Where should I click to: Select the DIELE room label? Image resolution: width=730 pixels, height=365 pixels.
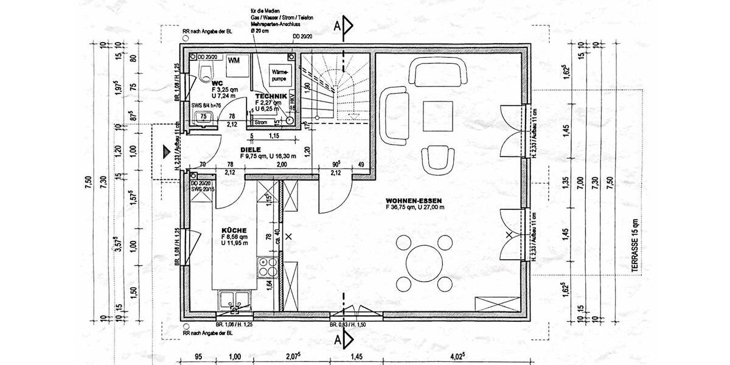coord(250,148)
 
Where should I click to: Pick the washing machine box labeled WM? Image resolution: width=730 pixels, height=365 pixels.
coord(234,61)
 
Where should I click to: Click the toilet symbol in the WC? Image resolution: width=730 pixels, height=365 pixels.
coord(205,75)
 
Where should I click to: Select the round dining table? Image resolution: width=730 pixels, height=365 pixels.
coord(425,263)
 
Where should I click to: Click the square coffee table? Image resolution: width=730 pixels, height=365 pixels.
coord(439,116)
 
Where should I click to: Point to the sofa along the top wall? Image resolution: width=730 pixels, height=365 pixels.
coord(440,71)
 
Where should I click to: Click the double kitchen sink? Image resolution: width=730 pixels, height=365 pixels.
coord(234,300)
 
